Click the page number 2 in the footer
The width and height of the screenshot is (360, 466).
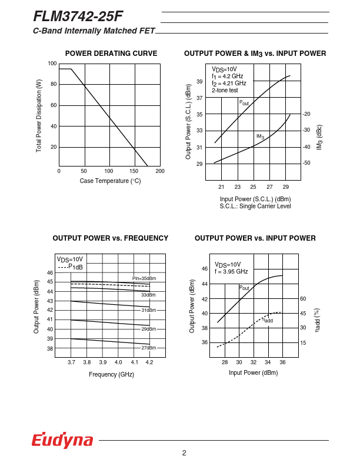click(x=184, y=452)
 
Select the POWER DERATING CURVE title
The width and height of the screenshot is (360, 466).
click(x=111, y=54)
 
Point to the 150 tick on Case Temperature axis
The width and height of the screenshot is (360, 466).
click(x=134, y=171)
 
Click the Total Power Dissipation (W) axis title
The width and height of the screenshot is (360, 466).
click(x=39, y=116)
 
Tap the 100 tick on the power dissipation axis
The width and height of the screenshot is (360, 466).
click(x=52, y=64)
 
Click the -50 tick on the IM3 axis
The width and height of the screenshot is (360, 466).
click(x=306, y=162)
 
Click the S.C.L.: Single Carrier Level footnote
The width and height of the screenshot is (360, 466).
click(x=255, y=206)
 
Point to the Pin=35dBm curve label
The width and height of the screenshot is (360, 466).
click(x=144, y=278)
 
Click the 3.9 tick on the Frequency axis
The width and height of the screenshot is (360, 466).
click(x=103, y=362)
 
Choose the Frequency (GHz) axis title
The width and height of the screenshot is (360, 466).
click(x=111, y=374)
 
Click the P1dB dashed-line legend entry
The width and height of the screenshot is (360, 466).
click(x=70, y=267)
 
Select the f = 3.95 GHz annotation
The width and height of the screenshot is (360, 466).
click(x=231, y=272)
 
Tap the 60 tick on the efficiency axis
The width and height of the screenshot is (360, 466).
click(x=303, y=299)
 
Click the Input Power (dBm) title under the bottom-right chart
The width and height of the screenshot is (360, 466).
click(x=253, y=372)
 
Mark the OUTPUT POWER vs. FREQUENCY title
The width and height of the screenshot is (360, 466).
click(x=111, y=238)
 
